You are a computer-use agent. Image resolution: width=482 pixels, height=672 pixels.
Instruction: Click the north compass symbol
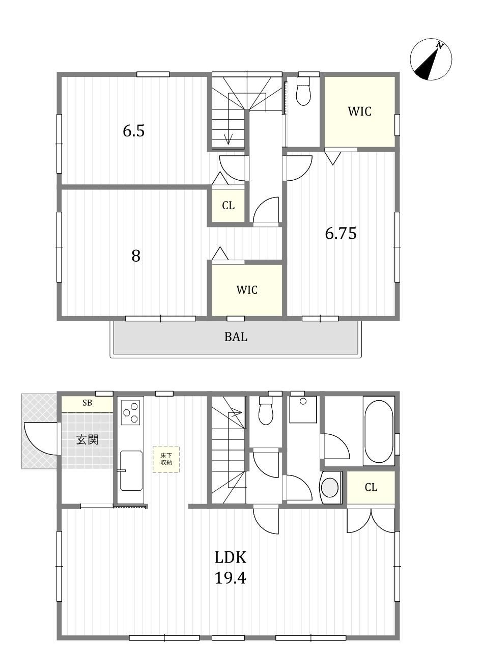click(x=431, y=60)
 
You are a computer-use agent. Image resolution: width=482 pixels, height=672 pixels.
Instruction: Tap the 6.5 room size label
click(x=134, y=131)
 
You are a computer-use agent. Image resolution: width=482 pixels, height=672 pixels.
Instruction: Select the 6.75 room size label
click(x=341, y=233)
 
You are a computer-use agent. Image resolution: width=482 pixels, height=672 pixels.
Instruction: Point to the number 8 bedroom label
click(x=136, y=256)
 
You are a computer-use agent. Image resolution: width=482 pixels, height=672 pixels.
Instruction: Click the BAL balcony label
click(x=236, y=337)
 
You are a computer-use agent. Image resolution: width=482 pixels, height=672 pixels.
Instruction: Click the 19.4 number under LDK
click(x=231, y=577)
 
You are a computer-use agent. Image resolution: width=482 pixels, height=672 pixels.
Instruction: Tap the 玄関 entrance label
click(x=87, y=440)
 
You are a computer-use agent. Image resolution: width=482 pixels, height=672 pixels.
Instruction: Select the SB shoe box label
click(x=87, y=403)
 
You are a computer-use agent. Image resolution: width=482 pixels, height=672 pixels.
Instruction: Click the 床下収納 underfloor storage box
click(x=166, y=460)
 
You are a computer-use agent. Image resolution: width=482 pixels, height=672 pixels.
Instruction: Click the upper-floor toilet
click(x=303, y=91)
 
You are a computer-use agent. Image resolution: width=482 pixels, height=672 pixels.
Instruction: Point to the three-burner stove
click(x=130, y=413)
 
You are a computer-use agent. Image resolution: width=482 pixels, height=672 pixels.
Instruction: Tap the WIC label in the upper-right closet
click(x=360, y=111)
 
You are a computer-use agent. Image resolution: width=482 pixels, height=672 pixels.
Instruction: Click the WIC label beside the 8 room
click(x=247, y=290)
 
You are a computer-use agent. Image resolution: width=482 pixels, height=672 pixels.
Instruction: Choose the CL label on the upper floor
click(x=228, y=206)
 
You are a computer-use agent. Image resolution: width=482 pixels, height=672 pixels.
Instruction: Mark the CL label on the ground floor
click(x=371, y=488)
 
